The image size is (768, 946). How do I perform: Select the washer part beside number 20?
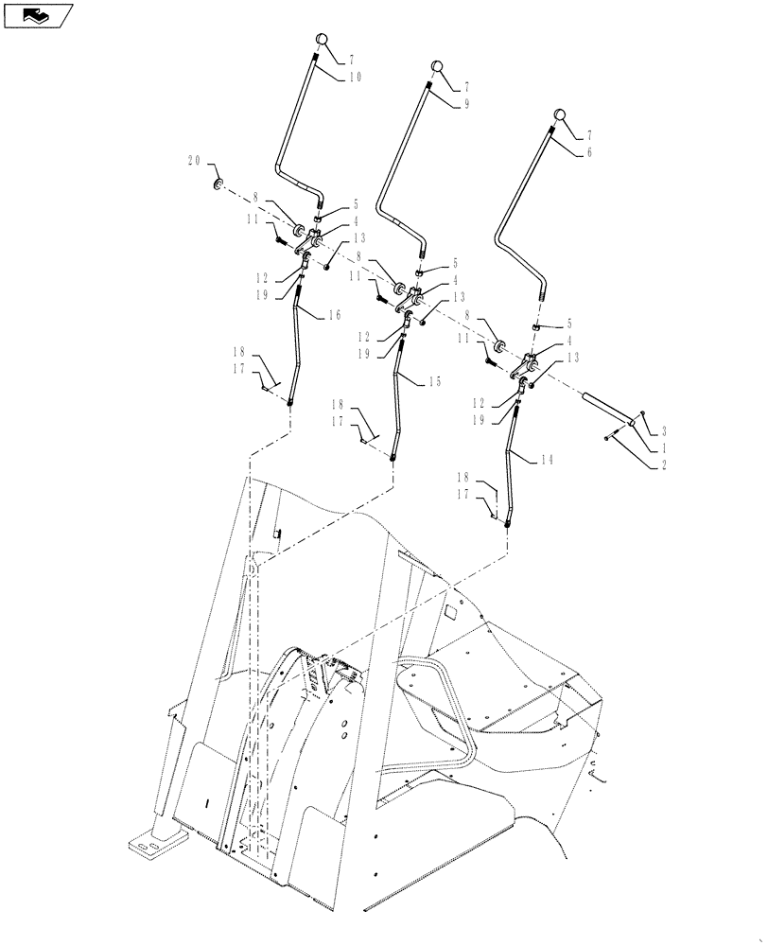218,183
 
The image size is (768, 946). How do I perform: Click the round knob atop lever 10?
321,41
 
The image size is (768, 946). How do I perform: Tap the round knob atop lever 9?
437,66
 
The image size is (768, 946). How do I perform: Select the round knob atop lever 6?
560,116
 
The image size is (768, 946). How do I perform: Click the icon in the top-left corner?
39,14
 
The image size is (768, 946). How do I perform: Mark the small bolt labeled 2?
607,436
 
